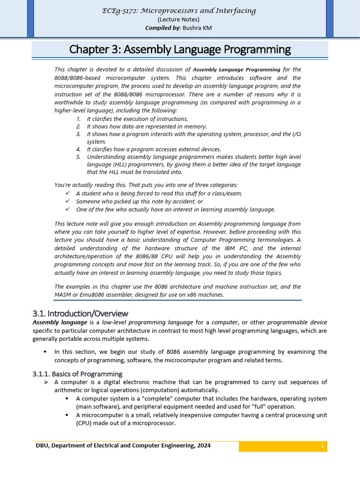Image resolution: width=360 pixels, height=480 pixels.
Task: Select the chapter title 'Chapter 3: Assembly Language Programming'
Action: tap(180, 49)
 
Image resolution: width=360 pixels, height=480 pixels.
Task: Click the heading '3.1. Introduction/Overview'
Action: tap(80, 313)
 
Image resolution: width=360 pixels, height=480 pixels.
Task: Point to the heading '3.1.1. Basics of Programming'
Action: tap(77, 374)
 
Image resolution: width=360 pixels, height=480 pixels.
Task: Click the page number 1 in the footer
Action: tap(322, 446)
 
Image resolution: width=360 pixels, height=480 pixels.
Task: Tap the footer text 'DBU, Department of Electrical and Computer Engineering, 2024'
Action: tap(123, 446)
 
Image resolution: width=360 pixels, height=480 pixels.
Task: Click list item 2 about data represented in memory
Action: tap(146, 127)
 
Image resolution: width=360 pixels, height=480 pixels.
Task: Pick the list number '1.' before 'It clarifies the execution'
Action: tap(78, 119)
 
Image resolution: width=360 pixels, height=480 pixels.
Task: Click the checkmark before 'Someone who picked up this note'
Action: tap(67, 201)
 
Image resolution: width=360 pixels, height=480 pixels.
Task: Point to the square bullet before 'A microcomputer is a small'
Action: tap(67, 415)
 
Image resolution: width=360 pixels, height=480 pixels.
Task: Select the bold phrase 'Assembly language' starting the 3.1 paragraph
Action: tap(60, 322)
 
